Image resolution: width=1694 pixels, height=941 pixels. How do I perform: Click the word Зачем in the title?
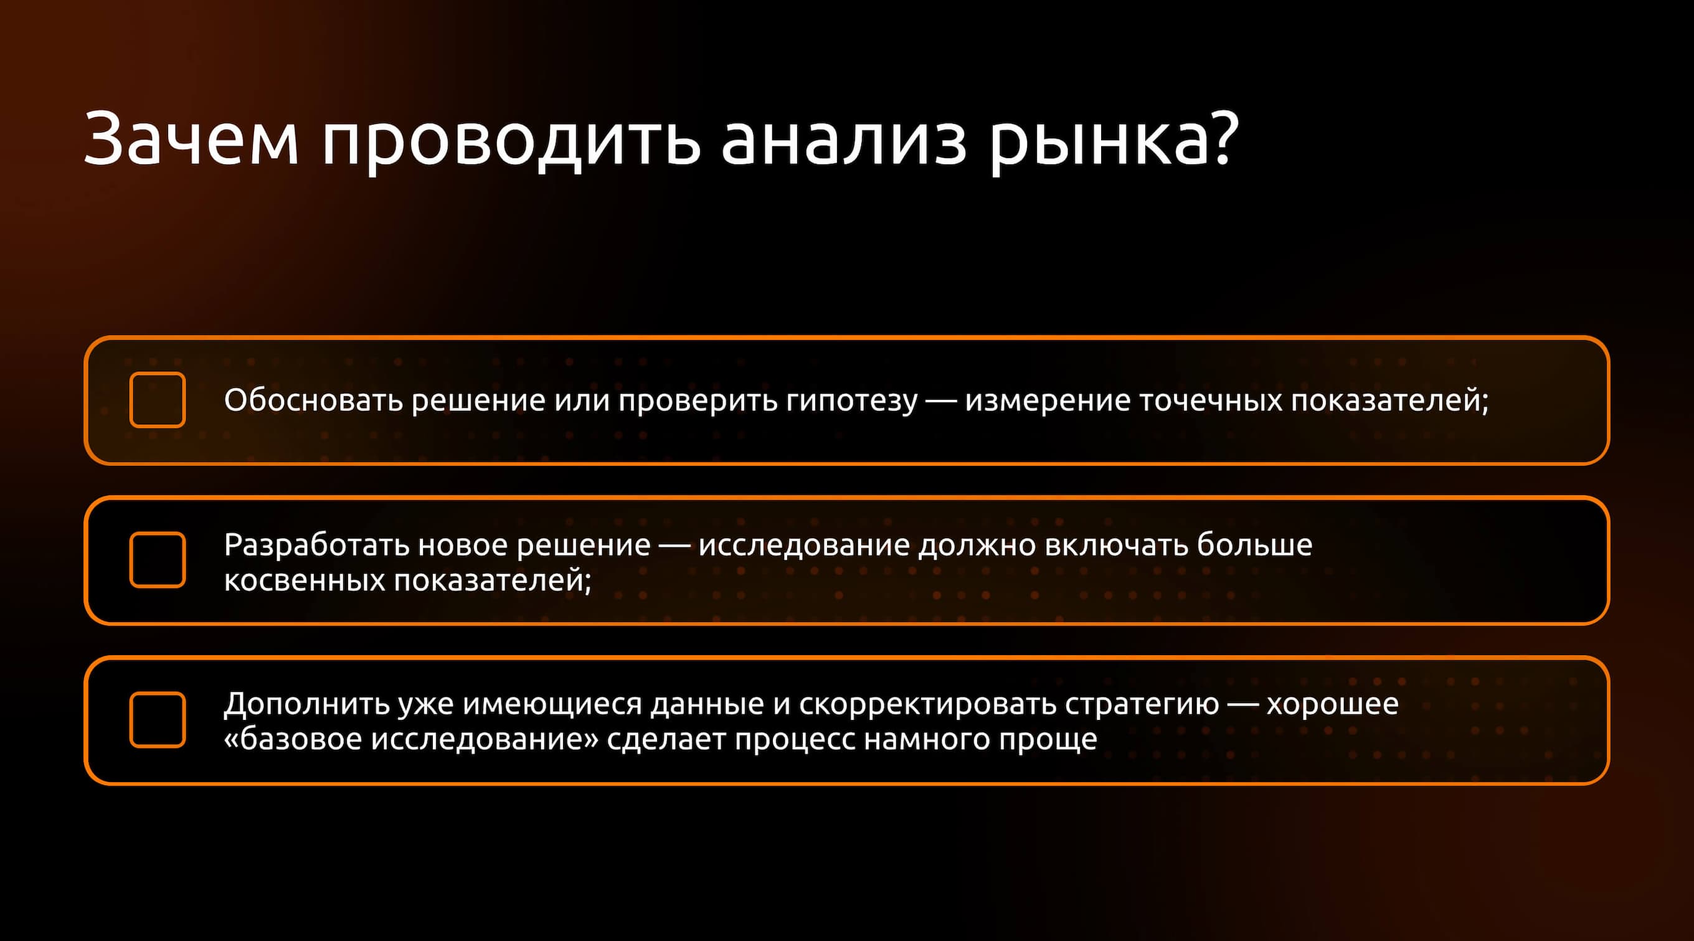191,139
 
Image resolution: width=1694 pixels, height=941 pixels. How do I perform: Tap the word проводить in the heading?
510,139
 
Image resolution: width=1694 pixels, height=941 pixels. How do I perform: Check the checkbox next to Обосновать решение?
157,400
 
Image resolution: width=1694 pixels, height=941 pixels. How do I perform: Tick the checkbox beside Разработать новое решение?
157,560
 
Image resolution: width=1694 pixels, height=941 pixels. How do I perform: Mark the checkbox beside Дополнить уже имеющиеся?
157,719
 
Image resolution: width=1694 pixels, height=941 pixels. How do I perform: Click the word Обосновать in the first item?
313,400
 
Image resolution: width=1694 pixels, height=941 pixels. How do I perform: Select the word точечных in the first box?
1210,400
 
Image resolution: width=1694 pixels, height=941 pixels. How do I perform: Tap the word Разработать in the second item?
316,545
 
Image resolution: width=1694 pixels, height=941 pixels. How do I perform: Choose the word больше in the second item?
1254,545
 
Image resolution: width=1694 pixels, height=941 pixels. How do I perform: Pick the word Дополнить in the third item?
306,704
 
